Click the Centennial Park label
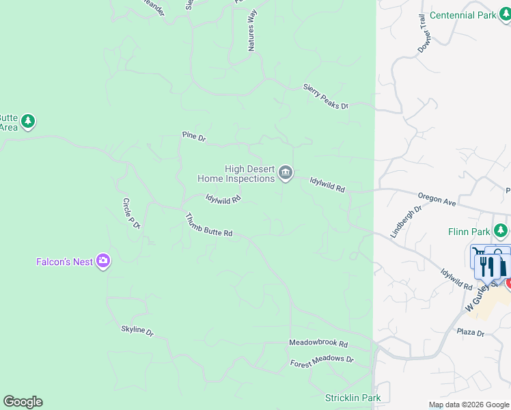462,15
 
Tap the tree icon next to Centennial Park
506,15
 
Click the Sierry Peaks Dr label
326,97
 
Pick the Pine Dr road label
194,137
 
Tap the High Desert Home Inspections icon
286,174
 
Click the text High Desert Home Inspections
236,174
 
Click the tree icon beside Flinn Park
501,231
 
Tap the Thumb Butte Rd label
209,225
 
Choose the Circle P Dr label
131,213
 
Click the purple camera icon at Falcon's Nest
103,261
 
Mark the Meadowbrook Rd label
318,343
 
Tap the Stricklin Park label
353,398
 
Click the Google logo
23,402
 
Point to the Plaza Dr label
471,333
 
